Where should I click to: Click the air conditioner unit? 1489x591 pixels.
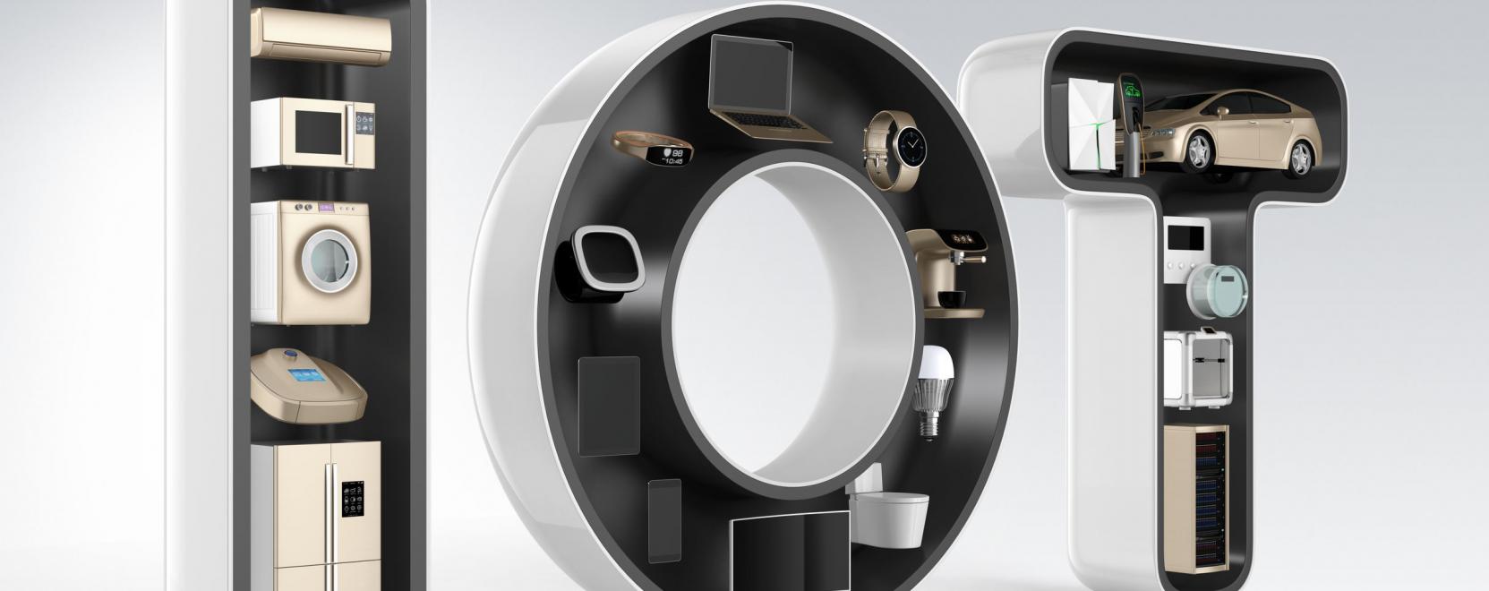(321, 37)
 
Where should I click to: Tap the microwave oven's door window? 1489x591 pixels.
(319, 133)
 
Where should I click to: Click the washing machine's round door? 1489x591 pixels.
(329, 261)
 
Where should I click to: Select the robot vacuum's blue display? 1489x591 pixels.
(306, 374)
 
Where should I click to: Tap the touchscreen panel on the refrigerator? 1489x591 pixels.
(352, 499)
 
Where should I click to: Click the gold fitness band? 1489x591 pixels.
(652, 148)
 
